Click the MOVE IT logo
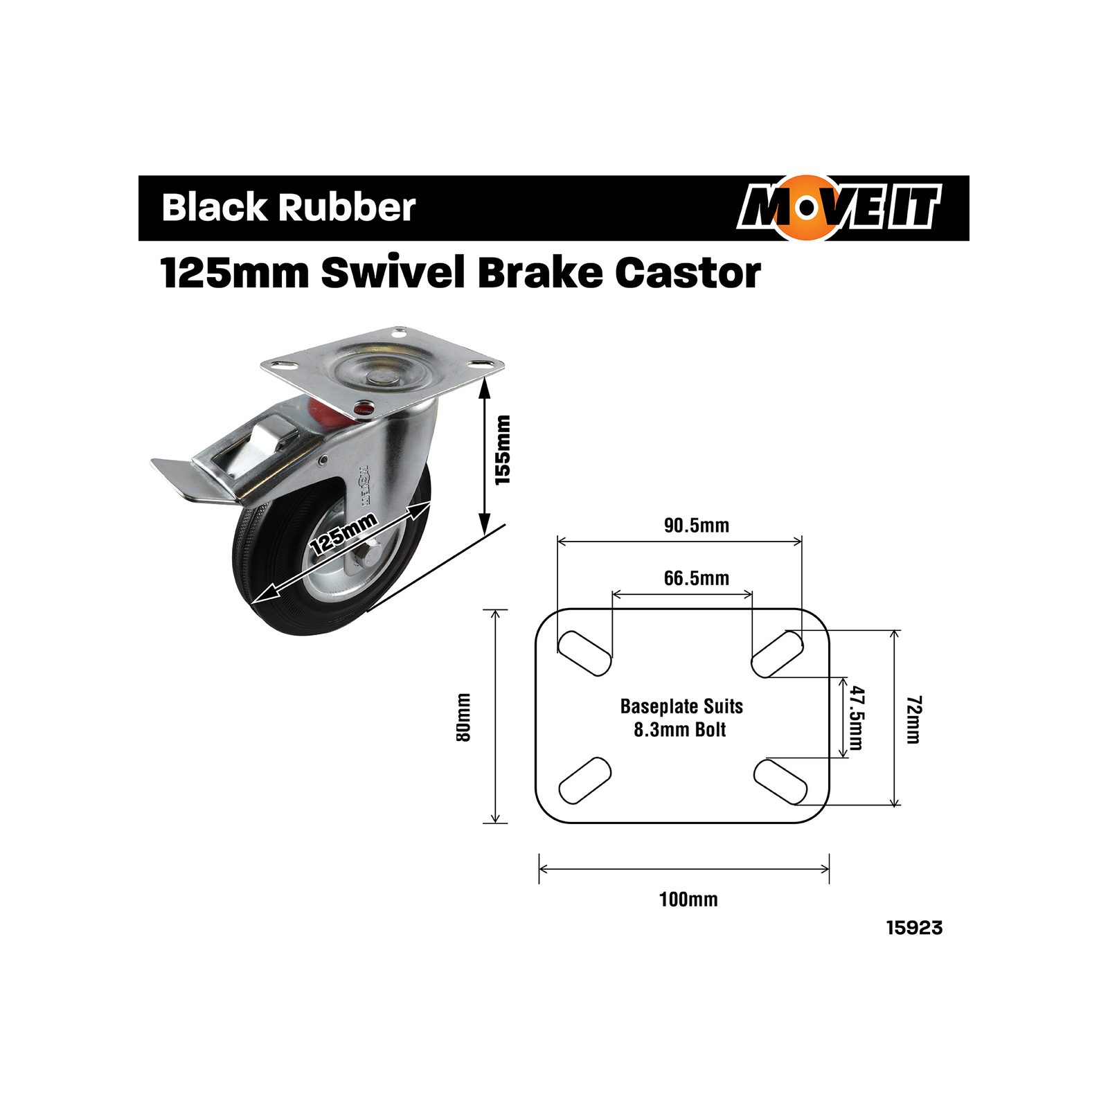(x=839, y=208)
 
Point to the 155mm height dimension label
(x=503, y=450)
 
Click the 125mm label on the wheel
(x=343, y=535)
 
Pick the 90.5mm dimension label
(x=697, y=526)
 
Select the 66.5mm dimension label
(x=697, y=578)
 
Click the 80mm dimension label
(x=463, y=717)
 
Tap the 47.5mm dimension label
(x=857, y=718)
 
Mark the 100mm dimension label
(x=688, y=900)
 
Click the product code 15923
(x=914, y=928)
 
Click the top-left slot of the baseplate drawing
(x=584, y=653)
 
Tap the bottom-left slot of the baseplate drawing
(x=584, y=780)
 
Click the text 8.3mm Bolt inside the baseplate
(x=680, y=730)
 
